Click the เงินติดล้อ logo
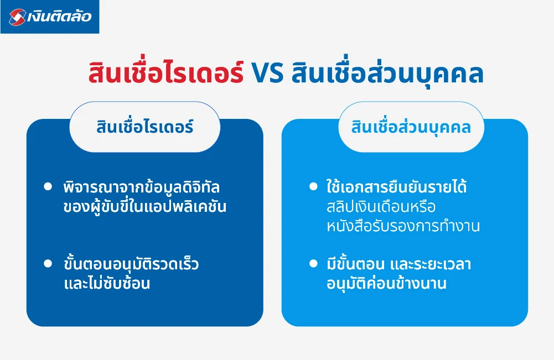(50, 17)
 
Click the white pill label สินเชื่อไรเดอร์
(144, 127)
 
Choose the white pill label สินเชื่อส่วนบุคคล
(411, 127)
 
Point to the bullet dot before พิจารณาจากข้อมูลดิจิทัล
(47, 186)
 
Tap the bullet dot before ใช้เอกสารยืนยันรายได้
(313, 186)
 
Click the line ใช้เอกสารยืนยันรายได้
(396, 187)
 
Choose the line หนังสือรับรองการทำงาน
(402, 228)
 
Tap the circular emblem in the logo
(18, 17)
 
